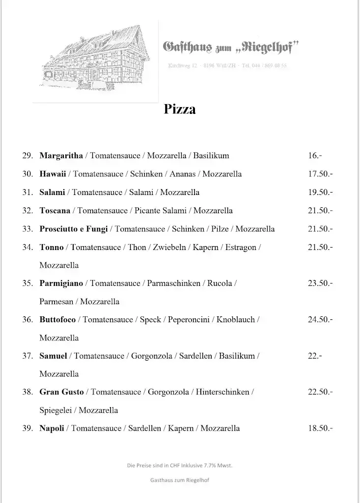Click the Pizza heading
180,109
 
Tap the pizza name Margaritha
61,156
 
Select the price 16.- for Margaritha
315,156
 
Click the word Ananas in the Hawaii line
184,174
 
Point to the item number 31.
28,192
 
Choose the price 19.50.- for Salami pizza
320,192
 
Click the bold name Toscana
55,210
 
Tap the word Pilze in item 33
220,228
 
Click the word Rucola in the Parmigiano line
220,283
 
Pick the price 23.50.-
320,283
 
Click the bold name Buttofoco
57,320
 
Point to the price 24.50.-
320,320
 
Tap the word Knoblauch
236,320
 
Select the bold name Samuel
53,356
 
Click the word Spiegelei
54,410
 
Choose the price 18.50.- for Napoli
320,428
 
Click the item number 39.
28,428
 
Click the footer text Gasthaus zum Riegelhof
180,480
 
